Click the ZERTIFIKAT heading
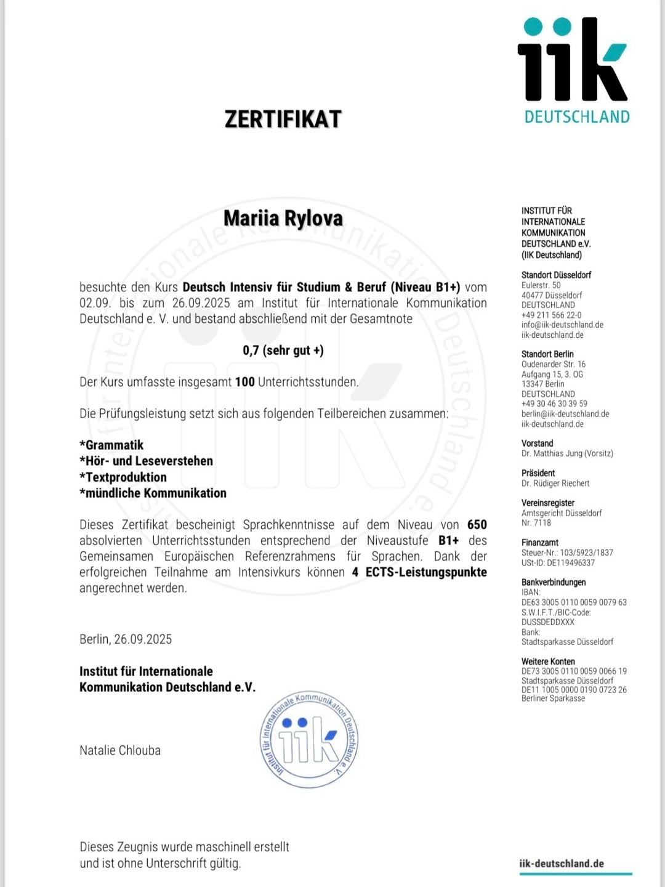click(x=283, y=119)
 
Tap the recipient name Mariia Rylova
click(x=283, y=219)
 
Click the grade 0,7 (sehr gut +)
click(x=283, y=350)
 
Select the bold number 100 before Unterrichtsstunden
click(x=244, y=382)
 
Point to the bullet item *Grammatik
click(x=111, y=445)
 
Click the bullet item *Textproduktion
click(x=123, y=477)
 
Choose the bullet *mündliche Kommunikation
click(x=153, y=493)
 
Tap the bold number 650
click(x=477, y=525)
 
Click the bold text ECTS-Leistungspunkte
click(x=426, y=572)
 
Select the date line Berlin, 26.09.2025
click(x=126, y=639)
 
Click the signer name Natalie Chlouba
click(x=120, y=750)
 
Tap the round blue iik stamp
click(x=309, y=739)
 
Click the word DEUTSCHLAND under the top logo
click(x=577, y=117)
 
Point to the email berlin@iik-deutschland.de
click(x=565, y=414)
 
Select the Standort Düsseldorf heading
click(x=556, y=275)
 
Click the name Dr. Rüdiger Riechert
click(x=555, y=484)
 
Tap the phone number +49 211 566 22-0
click(x=551, y=315)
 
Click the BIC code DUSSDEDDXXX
click(x=548, y=622)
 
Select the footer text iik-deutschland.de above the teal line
click(x=562, y=864)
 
